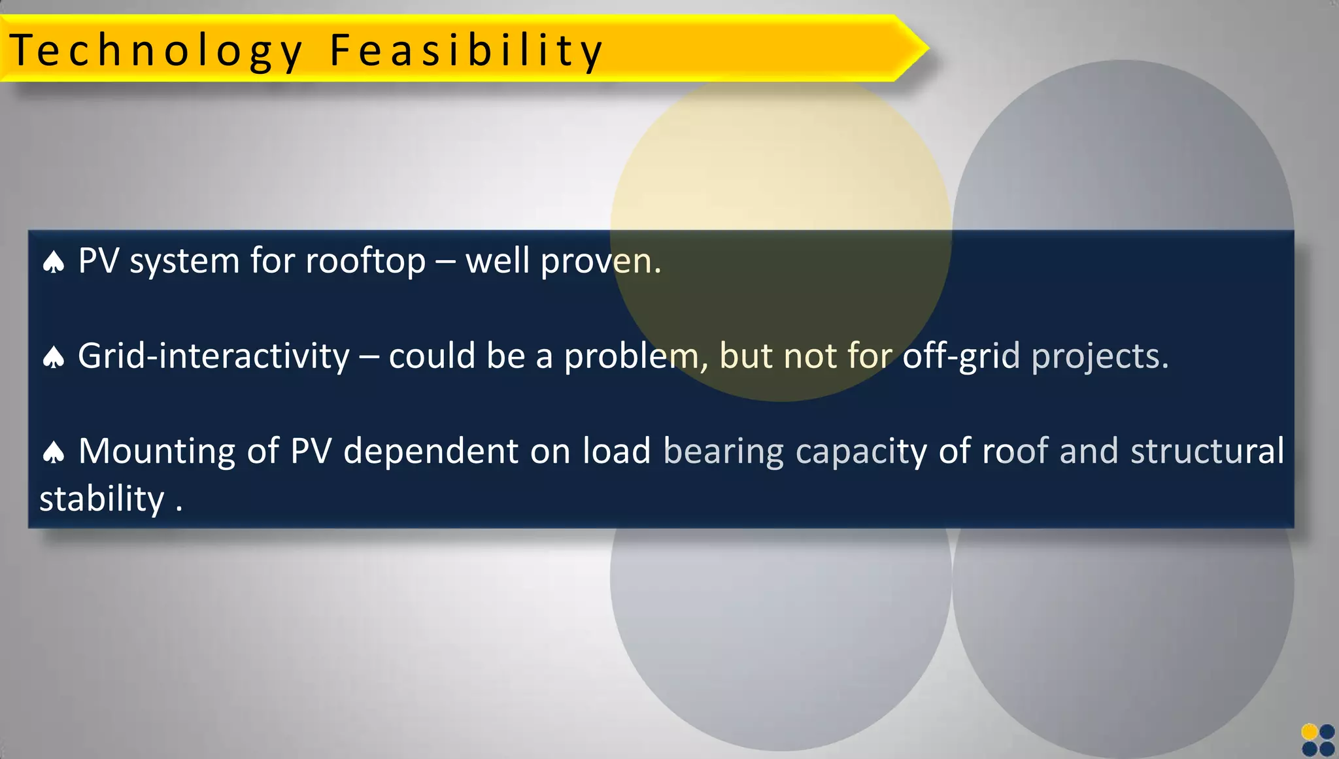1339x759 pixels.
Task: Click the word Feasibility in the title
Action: pos(466,51)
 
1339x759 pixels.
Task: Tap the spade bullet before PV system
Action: pos(54,263)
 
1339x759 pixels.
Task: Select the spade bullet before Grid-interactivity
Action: pos(54,358)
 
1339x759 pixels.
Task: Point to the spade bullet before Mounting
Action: pos(54,452)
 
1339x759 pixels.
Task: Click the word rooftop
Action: pos(365,261)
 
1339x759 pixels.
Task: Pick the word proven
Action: pos(601,261)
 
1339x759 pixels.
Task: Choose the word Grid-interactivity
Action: pos(214,356)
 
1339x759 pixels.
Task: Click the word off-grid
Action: pos(961,356)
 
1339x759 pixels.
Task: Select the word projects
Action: pos(1100,356)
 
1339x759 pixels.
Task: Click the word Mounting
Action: pos(156,452)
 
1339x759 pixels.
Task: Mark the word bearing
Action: pos(724,452)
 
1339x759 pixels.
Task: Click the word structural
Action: pos(1207,451)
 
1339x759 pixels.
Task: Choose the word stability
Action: pos(102,499)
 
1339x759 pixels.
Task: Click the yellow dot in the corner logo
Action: pos(1310,732)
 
